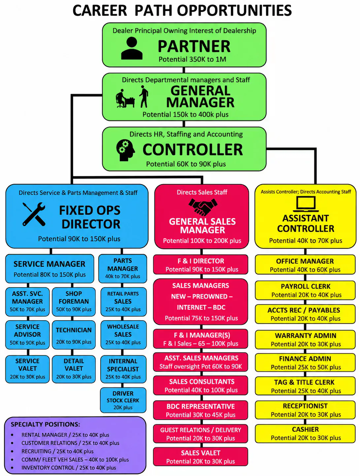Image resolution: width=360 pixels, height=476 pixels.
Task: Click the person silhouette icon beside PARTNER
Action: click(x=132, y=48)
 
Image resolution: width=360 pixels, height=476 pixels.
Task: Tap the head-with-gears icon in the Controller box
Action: click(x=125, y=150)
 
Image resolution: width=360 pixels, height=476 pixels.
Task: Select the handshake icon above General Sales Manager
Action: click(x=203, y=207)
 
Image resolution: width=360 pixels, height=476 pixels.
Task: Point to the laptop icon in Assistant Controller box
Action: click(x=306, y=204)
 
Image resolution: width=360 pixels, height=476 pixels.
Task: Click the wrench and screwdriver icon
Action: click(x=34, y=214)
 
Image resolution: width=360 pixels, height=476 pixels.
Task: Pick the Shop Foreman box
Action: click(x=74, y=301)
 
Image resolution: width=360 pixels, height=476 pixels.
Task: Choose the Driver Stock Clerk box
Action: click(x=123, y=400)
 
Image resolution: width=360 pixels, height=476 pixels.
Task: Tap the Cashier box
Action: click(x=305, y=433)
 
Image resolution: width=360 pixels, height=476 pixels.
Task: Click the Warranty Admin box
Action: click(x=305, y=339)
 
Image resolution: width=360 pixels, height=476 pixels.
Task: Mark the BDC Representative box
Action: click(x=201, y=410)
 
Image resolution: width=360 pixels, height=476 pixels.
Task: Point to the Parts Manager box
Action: click(x=123, y=268)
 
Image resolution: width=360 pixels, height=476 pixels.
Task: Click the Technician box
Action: click(x=74, y=335)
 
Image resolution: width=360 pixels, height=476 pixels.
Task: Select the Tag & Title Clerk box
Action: click(x=305, y=386)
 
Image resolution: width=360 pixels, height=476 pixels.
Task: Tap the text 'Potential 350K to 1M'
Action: click(x=192, y=59)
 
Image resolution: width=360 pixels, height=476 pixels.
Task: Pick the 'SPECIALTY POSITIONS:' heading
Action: click(x=45, y=425)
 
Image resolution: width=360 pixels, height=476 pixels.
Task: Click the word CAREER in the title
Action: click(x=100, y=11)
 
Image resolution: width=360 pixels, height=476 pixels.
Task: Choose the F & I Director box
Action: click(x=201, y=264)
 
